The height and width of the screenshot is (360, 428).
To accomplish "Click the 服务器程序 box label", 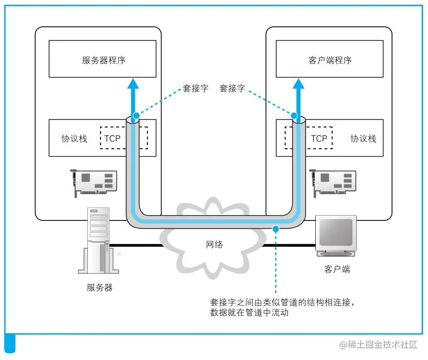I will tap(103, 60).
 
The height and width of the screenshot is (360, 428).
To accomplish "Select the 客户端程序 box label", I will tap(330, 60).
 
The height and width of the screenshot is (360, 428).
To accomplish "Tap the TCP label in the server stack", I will tap(112, 138).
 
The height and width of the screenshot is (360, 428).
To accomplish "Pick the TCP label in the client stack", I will tap(319, 138).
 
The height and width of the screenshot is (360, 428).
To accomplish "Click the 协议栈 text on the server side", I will tap(74, 138).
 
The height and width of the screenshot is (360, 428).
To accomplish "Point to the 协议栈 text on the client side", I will tap(363, 138).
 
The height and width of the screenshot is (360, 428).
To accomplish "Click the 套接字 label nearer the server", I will tap(196, 88).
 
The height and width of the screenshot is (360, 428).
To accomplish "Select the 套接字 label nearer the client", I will tap(232, 88).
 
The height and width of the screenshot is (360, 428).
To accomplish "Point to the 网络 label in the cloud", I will tap(213, 244).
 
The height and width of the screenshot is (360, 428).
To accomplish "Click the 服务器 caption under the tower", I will tap(100, 287).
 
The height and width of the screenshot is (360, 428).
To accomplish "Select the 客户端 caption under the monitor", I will tap(337, 269).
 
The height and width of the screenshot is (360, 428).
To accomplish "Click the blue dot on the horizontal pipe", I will tap(276, 228).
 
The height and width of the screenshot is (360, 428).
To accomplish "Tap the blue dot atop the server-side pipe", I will tap(136, 116).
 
